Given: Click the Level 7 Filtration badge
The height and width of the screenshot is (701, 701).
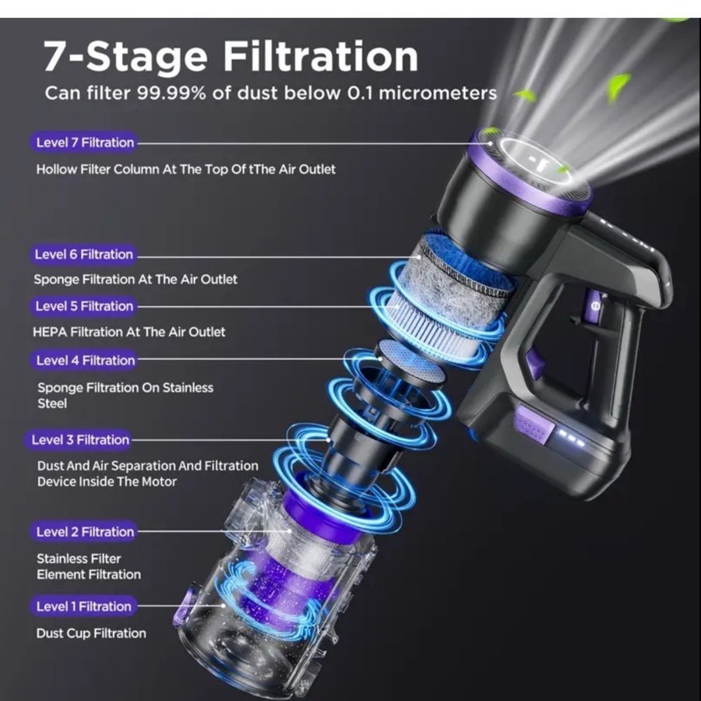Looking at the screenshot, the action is coord(83,143).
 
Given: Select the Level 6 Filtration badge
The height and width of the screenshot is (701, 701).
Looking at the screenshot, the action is coord(83,255).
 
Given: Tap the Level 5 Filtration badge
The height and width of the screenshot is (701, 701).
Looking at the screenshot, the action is coord(83,306).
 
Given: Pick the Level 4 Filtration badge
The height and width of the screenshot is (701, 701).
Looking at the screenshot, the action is coord(84,361).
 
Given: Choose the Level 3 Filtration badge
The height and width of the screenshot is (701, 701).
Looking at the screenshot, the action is coord(79,440).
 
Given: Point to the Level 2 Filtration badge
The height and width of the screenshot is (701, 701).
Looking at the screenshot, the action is coord(83,532).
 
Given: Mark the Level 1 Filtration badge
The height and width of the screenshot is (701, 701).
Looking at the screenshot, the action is coord(83,607).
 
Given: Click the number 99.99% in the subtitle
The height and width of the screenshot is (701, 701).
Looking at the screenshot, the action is coord(171,93).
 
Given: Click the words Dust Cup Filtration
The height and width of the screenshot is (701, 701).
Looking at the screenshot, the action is coord(91,633).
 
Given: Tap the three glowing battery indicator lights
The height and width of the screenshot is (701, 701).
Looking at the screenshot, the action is coord(570,439).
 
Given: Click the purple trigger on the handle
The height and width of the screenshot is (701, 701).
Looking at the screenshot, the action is coord(535,361).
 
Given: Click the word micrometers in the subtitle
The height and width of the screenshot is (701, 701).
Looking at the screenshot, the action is coord(438,93).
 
